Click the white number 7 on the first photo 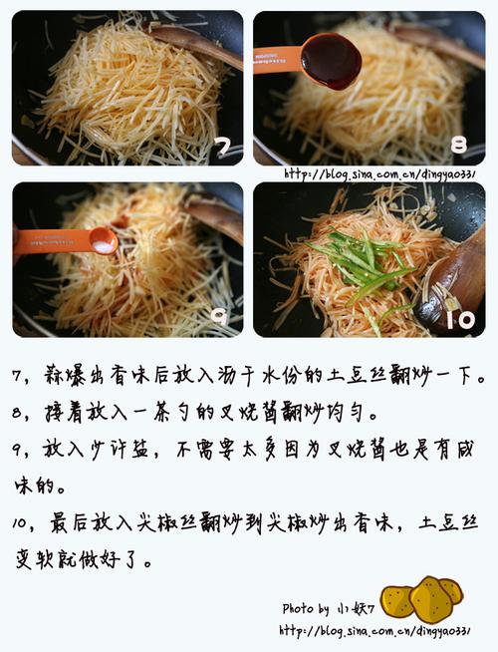click(223, 147)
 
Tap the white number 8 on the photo click(458, 146)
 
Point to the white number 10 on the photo click(460, 320)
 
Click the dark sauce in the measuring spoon click(331, 61)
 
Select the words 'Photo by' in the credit click(306, 609)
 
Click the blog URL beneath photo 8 click(379, 174)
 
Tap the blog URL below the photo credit click(374, 631)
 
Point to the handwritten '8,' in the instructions click(20, 415)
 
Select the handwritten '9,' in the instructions click(20, 452)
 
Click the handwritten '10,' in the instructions click(25, 523)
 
